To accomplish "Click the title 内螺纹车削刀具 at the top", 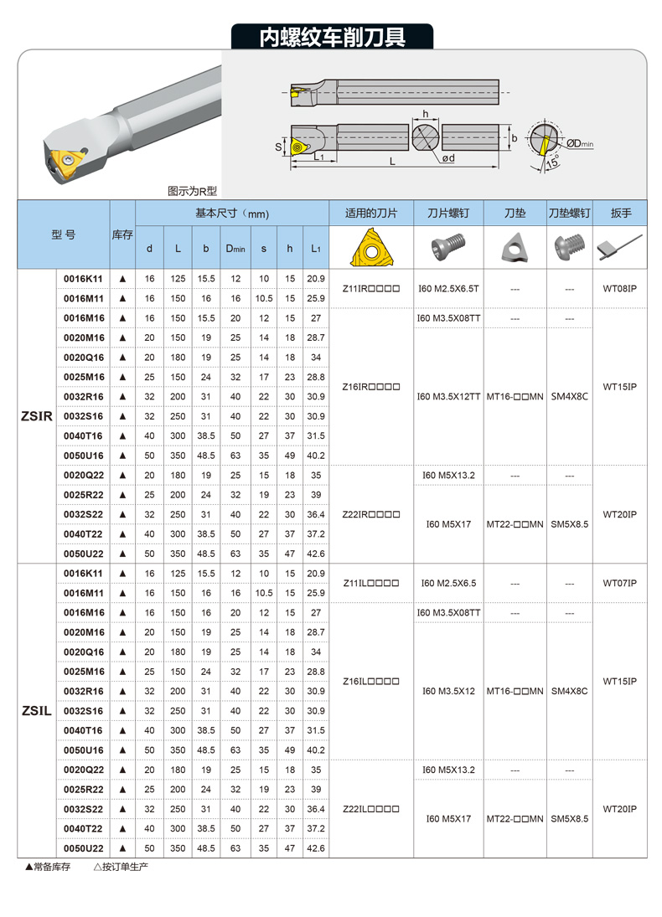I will (x=332, y=38).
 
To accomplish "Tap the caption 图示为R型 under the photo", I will (x=192, y=191).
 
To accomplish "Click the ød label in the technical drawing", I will (x=448, y=158).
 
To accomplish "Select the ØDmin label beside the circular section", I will (x=579, y=143).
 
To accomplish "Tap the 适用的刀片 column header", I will (x=370, y=213).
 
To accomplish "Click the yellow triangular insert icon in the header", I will (x=370, y=247).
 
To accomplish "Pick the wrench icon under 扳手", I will (x=619, y=246).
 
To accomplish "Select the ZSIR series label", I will (x=36, y=415).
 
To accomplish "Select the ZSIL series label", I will (x=36, y=711).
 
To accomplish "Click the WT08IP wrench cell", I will (x=620, y=288).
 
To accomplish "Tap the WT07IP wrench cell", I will (x=620, y=582).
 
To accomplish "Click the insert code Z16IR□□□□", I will (x=371, y=387).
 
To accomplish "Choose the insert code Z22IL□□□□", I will (x=371, y=809).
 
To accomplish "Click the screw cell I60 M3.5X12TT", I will (x=448, y=396).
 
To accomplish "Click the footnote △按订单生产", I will (x=121, y=866).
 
